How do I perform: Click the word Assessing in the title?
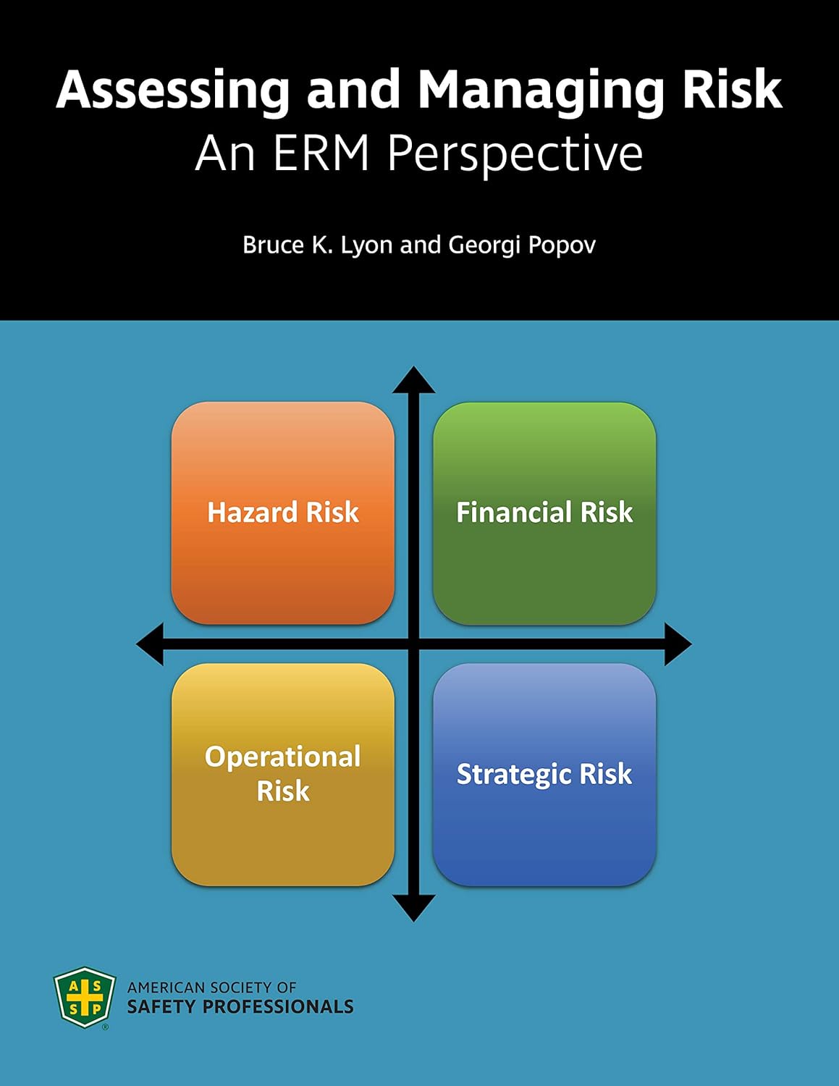[x=172, y=90]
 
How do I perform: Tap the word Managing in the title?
[x=540, y=90]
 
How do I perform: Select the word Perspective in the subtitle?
[x=515, y=153]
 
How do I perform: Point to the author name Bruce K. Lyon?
[x=318, y=245]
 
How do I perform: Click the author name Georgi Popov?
[x=522, y=245]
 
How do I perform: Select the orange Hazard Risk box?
[x=283, y=513]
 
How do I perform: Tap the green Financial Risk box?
[x=544, y=513]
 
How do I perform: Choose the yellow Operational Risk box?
[x=283, y=774]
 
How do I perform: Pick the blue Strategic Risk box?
[x=544, y=774]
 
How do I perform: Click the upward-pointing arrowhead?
[x=414, y=379]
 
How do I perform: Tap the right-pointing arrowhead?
[x=678, y=644]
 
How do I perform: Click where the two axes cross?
[x=414, y=644]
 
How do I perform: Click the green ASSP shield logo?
[x=85, y=997]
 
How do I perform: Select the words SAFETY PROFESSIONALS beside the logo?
[x=240, y=1007]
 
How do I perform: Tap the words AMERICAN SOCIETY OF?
[x=211, y=987]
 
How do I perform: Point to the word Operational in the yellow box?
[x=283, y=757]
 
